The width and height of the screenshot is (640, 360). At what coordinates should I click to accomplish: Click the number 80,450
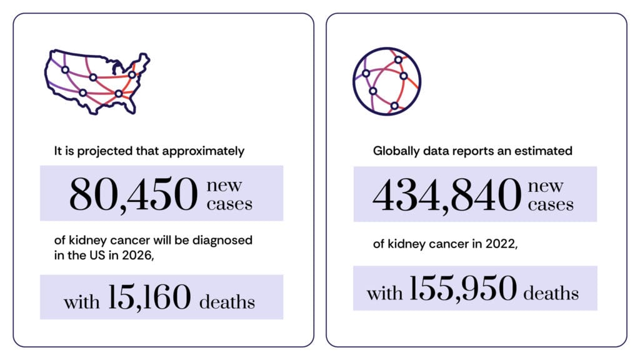pos(133,194)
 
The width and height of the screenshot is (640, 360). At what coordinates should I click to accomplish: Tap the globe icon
pos(386,82)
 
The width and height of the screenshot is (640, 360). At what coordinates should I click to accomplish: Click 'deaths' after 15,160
pos(227,302)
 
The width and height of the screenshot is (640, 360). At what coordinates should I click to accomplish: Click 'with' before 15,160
pos(81,302)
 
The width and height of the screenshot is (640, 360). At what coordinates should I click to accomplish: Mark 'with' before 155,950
pos(384,293)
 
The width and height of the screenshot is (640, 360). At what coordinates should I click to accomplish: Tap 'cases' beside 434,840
pos(551,204)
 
